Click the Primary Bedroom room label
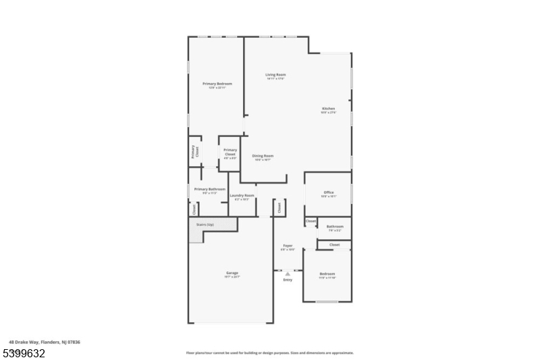pyautogui.click(x=217, y=84)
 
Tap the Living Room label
pyautogui.click(x=275, y=74)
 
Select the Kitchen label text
pyautogui.click(x=328, y=108)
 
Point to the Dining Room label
pyautogui.click(x=263, y=156)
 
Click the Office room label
pyautogui.click(x=329, y=192)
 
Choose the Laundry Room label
pyautogui.click(x=242, y=195)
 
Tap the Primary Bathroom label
pyautogui.click(x=210, y=189)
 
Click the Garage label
pyautogui.click(x=232, y=273)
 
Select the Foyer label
pyautogui.click(x=288, y=246)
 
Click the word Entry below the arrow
pyautogui.click(x=288, y=280)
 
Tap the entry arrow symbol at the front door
pyautogui.click(x=288, y=274)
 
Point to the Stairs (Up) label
pyautogui.click(x=205, y=224)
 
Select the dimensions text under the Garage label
pyautogui.click(x=232, y=277)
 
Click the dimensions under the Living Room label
pyautogui.click(x=275, y=79)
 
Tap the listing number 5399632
pyautogui.click(x=23, y=353)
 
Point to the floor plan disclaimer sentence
pyautogui.click(x=269, y=353)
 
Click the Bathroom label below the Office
pyautogui.click(x=335, y=226)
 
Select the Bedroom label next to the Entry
pyautogui.click(x=327, y=274)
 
